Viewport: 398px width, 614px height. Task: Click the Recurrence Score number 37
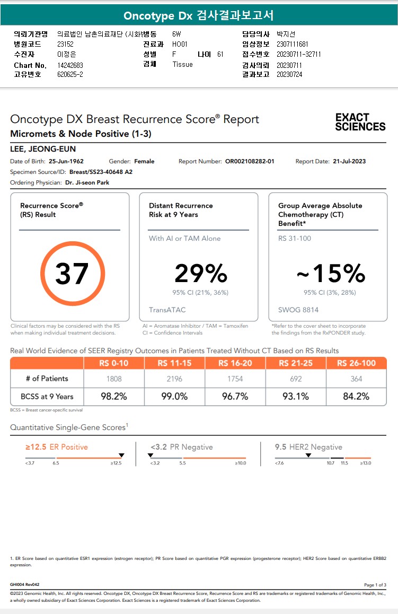coord(73,274)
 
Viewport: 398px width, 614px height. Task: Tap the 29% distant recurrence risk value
coord(201,274)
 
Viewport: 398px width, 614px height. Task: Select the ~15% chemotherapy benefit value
coord(331,274)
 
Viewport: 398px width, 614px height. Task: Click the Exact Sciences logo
coord(360,122)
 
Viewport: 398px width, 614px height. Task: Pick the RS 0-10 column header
coord(114,363)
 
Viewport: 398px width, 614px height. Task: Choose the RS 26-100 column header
coord(356,363)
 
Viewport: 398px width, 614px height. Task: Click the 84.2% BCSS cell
coord(356,397)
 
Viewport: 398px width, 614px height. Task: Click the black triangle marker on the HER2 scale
coord(308,455)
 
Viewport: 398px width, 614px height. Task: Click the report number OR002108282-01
coord(250,161)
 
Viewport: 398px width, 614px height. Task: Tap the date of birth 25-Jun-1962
coord(66,161)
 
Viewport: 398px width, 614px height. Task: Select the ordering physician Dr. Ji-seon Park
coord(87,182)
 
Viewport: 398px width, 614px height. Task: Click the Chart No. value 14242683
coord(70,65)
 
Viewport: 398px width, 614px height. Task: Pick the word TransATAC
coord(167,310)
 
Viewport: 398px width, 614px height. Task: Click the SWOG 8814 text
coord(298,310)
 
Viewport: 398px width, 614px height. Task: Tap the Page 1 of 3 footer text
coord(375,585)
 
